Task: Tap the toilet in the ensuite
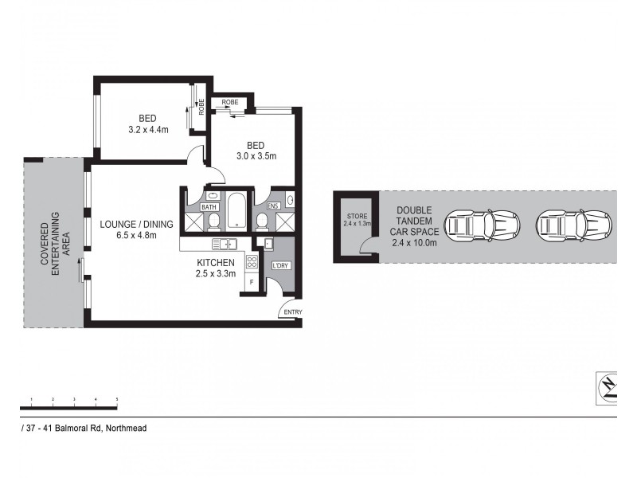point(262,221)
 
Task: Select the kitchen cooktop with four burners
point(252,261)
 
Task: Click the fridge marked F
point(251,282)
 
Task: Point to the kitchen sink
point(225,244)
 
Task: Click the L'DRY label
point(280,265)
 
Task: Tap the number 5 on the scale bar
point(117,398)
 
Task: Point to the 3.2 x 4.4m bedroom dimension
point(148,129)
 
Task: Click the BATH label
point(209,207)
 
